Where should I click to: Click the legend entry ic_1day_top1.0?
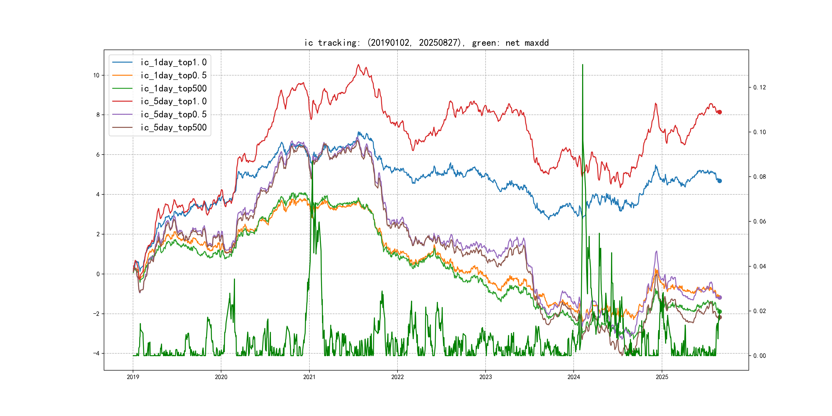173,62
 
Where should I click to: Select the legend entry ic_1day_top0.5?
173,75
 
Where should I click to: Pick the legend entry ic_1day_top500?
173,89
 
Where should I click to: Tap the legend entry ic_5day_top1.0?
173,101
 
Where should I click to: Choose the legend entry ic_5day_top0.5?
173,114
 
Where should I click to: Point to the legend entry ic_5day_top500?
173,128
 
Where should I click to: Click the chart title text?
426,43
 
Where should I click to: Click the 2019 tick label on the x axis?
133,377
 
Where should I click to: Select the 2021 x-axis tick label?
309,377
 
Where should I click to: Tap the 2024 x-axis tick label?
574,377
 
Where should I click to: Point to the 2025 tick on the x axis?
662,377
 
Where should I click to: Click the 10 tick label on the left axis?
96,75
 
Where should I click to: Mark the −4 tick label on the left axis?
96,353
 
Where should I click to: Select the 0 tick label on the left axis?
98,274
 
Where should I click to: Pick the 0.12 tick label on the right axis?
759,88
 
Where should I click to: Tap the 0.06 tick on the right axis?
759,222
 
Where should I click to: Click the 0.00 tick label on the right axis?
759,356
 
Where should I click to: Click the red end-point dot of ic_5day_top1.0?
719,112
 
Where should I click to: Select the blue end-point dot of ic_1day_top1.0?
719,181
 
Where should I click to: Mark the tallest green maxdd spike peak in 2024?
582,65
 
